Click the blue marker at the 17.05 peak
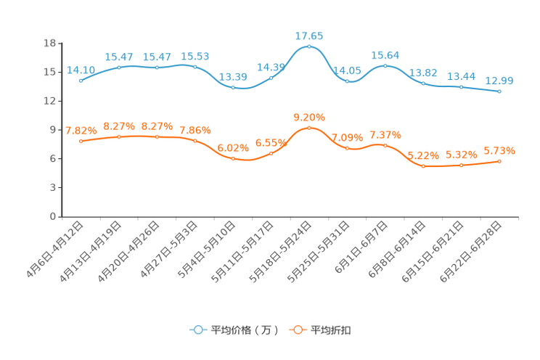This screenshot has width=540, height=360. pos(309,46)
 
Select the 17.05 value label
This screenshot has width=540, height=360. pos(309,35)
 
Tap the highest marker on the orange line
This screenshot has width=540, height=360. pos(309,128)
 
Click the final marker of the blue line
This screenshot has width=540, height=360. pos(499,92)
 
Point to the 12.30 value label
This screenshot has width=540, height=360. pos(499,81)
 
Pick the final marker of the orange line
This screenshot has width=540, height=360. pos(499,160)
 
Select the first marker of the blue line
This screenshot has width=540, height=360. pos(81,81)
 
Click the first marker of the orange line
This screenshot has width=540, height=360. pos(81,142)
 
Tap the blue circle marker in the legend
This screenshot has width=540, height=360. pos(198,330)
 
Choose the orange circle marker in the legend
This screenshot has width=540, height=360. pos(298,330)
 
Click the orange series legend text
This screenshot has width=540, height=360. pos(332,330)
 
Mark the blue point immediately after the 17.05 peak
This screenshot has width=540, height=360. pos(348,81)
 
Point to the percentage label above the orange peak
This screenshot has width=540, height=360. pos(309,117)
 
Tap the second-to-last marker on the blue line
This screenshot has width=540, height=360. pos(461,87)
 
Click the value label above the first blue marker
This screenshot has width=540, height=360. pos(81,70)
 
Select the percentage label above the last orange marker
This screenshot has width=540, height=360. pos(499,150)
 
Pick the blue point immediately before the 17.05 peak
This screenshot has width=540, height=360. pos(271,77)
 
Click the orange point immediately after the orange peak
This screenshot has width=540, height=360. pos(348,148)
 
